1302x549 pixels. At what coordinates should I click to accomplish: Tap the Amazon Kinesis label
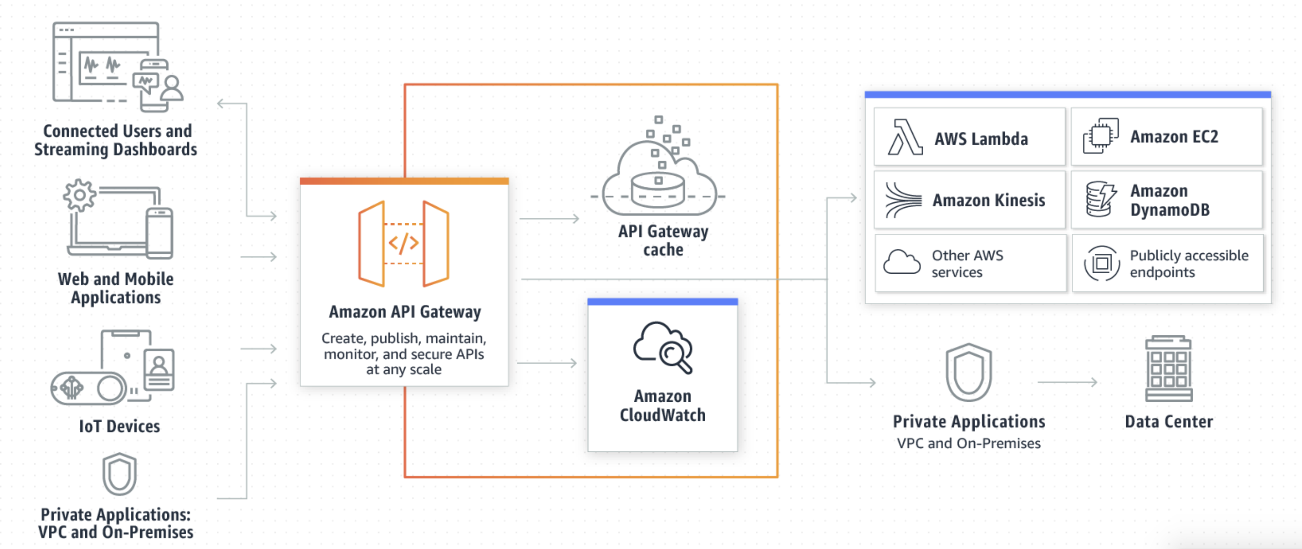pyautogui.click(x=988, y=200)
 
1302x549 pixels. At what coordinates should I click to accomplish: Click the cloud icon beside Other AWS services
pyautogui.click(x=902, y=262)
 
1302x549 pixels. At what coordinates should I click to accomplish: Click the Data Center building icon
pyautogui.click(x=1168, y=369)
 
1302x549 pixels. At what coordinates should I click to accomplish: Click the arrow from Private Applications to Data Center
pyautogui.click(x=1067, y=382)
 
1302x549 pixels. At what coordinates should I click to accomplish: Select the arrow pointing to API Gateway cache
pyautogui.click(x=549, y=218)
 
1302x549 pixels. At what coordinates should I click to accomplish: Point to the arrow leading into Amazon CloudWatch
pyautogui.click(x=547, y=363)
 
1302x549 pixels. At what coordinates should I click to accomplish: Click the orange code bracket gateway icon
pyautogui.click(x=403, y=244)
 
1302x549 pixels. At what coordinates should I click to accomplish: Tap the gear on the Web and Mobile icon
pyautogui.click(x=79, y=195)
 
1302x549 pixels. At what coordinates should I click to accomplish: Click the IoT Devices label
pyautogui.click(x=119, y=426)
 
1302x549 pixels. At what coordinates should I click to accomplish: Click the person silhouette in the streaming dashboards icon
pyautogui.click(x=172, y=88)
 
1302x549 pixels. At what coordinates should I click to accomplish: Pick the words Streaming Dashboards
pyautogui.click(x=116, y=150)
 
